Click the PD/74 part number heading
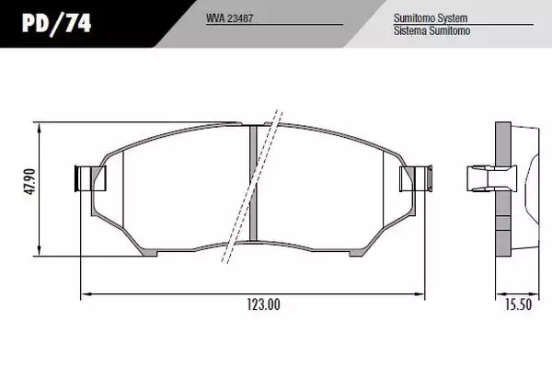[57, 24]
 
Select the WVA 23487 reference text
[229, 18]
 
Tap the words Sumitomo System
[431, 18]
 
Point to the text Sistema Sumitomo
[432, 30]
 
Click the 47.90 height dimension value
[30, 181]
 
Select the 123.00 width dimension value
[263, 304]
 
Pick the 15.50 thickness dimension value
[518, 304]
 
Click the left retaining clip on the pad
[90, 178]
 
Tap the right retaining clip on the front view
[416, 178]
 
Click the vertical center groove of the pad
[253, 183]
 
